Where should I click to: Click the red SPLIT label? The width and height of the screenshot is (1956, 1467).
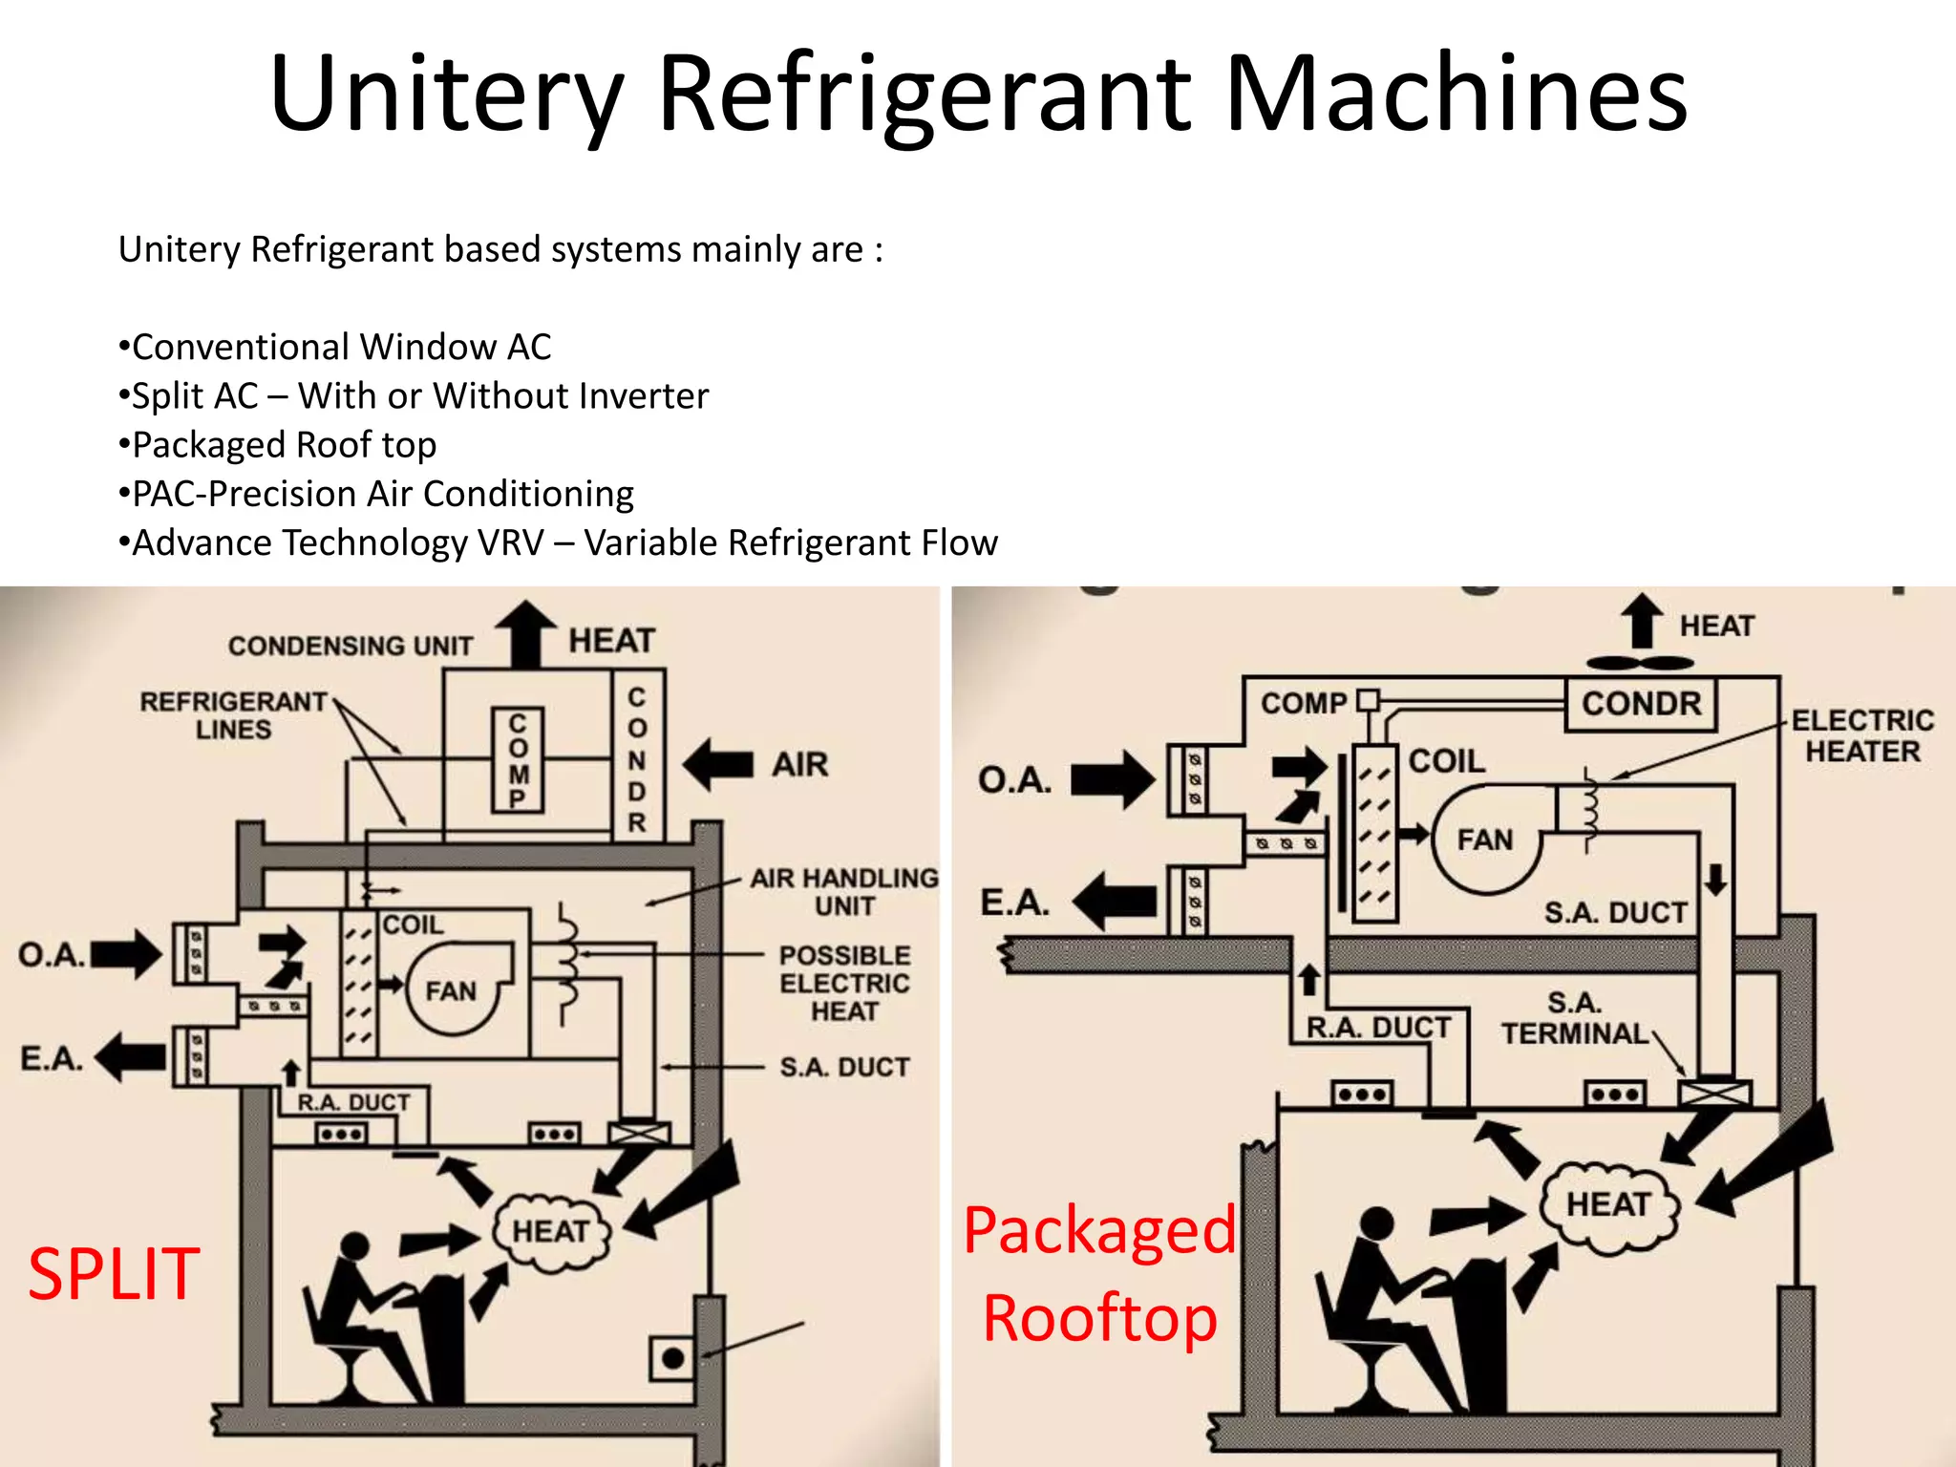[x=114, y=1274]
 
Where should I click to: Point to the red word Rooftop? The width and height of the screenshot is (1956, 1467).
[x=1099, y=1318]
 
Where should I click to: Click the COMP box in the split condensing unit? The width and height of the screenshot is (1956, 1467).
[x=518, y=760]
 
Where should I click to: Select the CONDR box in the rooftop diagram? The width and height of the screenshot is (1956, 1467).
[x=1640, y=704]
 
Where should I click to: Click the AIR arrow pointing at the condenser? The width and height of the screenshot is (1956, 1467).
[x=718, y=764]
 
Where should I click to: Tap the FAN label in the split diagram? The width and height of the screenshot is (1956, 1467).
[x=450, y=991]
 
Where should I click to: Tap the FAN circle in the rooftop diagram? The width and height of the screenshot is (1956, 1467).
[x=1485, y=840]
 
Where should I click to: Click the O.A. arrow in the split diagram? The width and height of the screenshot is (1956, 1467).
[x=126, y=954]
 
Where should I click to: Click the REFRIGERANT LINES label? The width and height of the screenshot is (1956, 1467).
[x=233, y=715]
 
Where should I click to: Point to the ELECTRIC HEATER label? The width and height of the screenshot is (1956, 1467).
[x=1861, y=735]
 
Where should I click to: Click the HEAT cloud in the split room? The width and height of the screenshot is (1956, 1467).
[x=551, y=1232]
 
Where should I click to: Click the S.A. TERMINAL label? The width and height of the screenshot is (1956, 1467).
[x=1574, y=1018]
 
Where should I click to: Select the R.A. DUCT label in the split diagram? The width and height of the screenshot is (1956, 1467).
[x=353, y=1102]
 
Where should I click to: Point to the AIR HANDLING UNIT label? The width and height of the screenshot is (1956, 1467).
[x=844, y=891]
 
